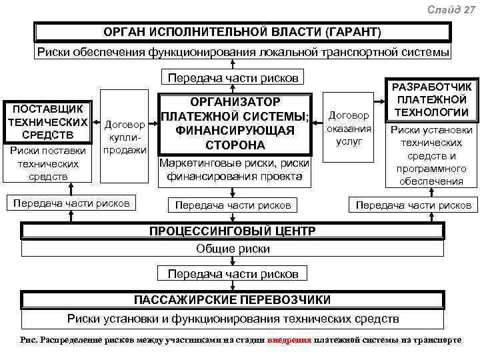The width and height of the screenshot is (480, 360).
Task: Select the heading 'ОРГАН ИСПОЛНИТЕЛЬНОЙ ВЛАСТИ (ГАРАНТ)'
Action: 242,32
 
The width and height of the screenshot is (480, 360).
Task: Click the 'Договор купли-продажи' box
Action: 125,137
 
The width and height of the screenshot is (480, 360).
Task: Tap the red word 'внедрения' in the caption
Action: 289,339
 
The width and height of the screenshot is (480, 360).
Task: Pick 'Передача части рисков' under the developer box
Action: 413,205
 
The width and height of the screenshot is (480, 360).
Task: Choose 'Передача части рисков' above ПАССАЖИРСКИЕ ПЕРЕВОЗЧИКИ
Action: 233,274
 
